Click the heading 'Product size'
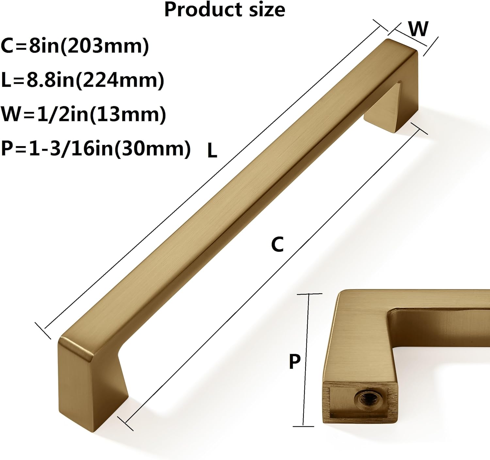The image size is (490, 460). click(x=224, y=10)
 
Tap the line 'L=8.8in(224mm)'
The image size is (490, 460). click(x=82, y=80)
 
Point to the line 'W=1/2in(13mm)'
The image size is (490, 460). click(x=83, y=114)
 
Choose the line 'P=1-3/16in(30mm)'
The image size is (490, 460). click(x=96, y=148)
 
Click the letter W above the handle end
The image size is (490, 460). click(x=418, y=29)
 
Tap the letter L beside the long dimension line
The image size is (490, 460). click(x=212, y=151)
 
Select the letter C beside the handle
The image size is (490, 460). click(x=277, y=245)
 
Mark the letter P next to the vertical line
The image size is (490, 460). click(x=295, y=362)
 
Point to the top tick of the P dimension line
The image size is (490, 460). click(x=309, y=294)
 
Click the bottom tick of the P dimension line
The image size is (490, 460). click(x=303, y=426)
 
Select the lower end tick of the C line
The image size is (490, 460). click(x=125, y=424)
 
